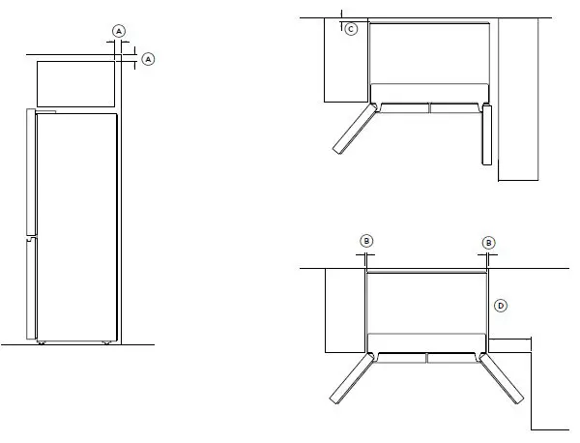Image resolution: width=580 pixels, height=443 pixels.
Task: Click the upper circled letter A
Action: [119, 32]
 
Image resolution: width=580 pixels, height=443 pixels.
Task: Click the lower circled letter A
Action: [148, 60]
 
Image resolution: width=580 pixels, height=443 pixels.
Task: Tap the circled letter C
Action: [350, 29]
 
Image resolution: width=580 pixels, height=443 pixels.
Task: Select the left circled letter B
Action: [366, 242]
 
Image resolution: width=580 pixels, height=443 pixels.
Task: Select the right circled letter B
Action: [488, 242]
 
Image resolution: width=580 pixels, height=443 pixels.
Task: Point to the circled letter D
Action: [500, 306]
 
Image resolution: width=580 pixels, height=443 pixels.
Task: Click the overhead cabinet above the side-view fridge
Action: [73, 83]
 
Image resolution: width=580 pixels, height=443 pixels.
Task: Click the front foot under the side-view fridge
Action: [41, 342]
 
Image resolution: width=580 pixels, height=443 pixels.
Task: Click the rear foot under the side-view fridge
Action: [104, 342]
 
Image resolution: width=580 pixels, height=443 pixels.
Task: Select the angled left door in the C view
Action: [352, 130]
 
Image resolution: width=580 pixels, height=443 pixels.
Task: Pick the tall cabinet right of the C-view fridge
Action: [517, 97]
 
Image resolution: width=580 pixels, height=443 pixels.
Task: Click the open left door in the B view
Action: [351, 379]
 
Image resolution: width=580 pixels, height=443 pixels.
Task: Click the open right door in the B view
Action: [503, 380]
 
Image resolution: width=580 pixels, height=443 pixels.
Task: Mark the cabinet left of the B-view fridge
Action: [343, 310]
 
